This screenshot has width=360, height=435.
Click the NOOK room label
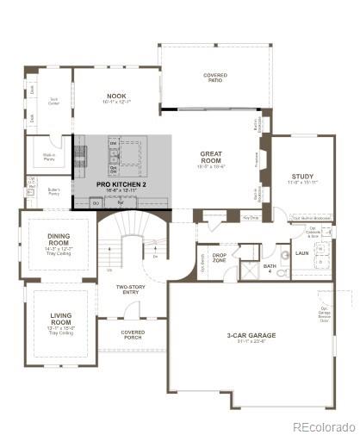coord(116,97)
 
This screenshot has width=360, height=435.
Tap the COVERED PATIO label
coord(215,78)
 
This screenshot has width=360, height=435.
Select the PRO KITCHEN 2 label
coord(121,184)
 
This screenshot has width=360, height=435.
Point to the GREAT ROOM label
coord(212,158)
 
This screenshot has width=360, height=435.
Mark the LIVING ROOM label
coord(59,322)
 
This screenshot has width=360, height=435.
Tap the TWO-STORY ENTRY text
coord(133,289)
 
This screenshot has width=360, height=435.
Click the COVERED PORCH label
coord(133,333)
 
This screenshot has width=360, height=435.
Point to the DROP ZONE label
coord(219,258)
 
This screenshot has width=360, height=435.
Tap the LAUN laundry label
coord(301,253)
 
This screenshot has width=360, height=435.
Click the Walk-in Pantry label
coord(48,157)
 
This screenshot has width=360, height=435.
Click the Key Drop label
coord(251,218)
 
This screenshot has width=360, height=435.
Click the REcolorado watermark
coord(323,426)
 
